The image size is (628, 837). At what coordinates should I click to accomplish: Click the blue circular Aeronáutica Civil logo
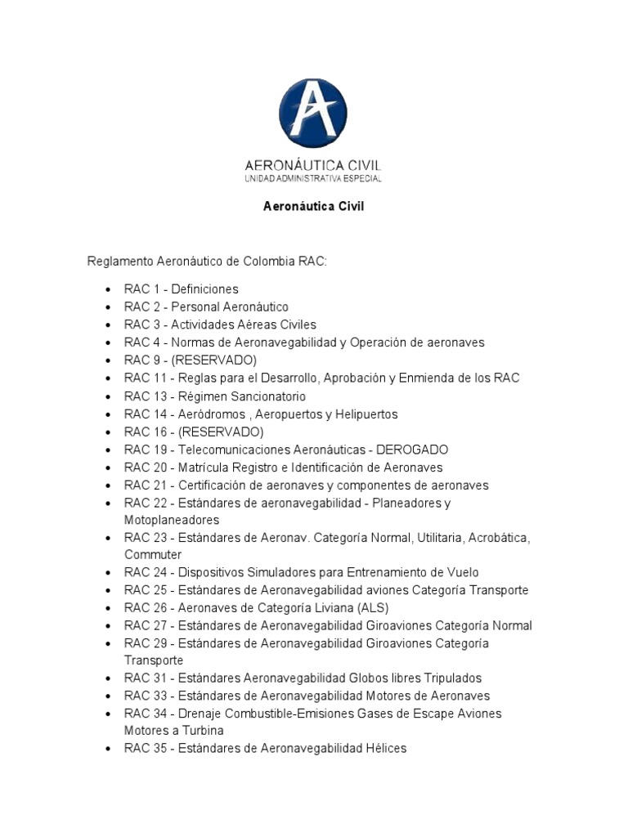pos(313,113)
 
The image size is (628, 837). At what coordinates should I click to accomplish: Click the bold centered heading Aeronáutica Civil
pos(313,207)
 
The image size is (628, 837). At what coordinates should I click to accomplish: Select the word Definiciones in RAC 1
pos(204,289)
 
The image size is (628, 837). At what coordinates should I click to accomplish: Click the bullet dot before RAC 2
pos(108,308)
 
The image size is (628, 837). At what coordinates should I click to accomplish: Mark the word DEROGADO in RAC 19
pos(412,450)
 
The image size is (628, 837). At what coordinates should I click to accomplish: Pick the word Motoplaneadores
pos(172,520)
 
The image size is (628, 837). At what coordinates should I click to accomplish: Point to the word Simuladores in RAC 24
pos(274,572)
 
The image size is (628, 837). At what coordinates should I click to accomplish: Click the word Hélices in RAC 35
pos(387,749)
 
